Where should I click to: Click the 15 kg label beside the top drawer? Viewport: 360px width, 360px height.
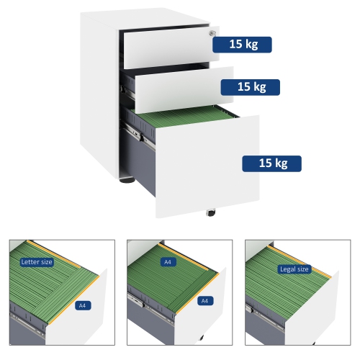242,45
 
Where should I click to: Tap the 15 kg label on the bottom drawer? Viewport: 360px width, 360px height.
271,163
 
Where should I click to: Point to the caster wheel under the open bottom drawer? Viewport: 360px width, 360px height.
211,212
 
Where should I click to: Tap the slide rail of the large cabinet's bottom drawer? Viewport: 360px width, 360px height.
141,132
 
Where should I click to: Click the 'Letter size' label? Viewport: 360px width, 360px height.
36,262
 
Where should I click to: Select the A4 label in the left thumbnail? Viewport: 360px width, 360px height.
83,305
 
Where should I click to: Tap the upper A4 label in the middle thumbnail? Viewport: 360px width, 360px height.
168,262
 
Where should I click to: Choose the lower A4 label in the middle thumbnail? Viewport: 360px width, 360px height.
204,300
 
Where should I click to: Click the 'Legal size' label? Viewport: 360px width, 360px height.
293,269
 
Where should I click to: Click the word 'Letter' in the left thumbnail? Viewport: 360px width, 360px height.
30,262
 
